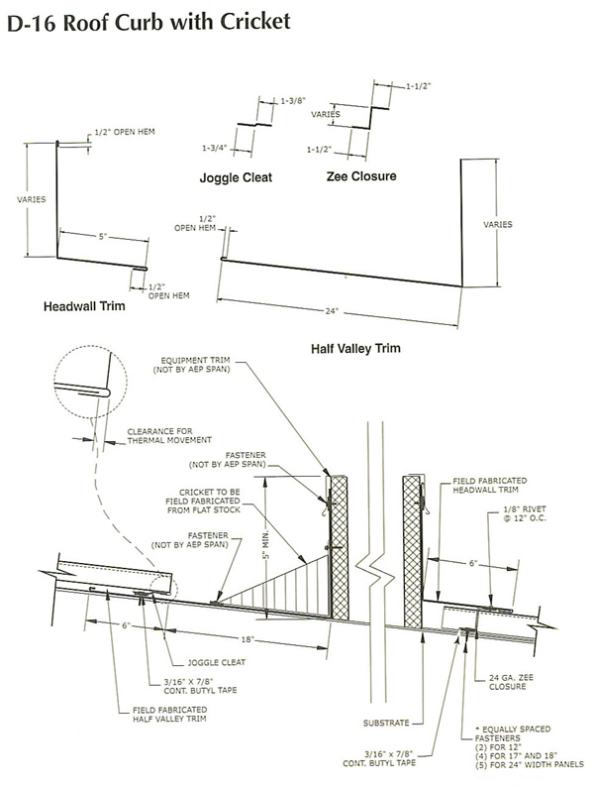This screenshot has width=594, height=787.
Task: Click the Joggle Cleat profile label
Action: (x=234, y=178)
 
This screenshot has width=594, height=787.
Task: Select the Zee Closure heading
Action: (x=360, y=176)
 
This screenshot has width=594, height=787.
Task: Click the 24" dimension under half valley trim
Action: (x=331, y=311)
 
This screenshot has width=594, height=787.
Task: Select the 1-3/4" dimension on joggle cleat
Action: (x=215, y=148)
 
